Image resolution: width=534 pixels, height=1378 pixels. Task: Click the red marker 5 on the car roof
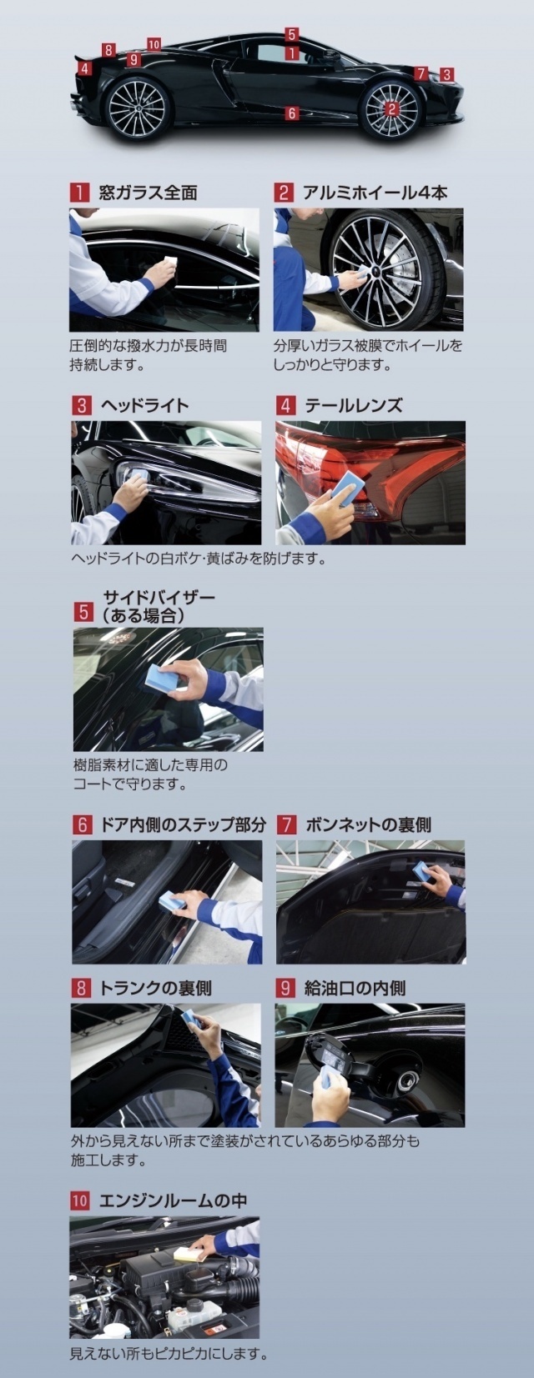point(292,34)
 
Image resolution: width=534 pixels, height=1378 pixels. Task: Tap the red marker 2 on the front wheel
point(391,109)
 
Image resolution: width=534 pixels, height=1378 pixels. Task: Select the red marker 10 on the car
point(154,44)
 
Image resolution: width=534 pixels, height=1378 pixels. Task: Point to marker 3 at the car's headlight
point(446,75)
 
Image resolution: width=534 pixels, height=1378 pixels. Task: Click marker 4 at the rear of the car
point(84,68)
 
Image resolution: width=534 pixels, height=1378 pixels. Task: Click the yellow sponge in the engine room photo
point(189,1236)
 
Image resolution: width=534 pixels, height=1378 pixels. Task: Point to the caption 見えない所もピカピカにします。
point(169,1353)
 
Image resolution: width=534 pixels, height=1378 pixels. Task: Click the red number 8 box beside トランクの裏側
point(81,988)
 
